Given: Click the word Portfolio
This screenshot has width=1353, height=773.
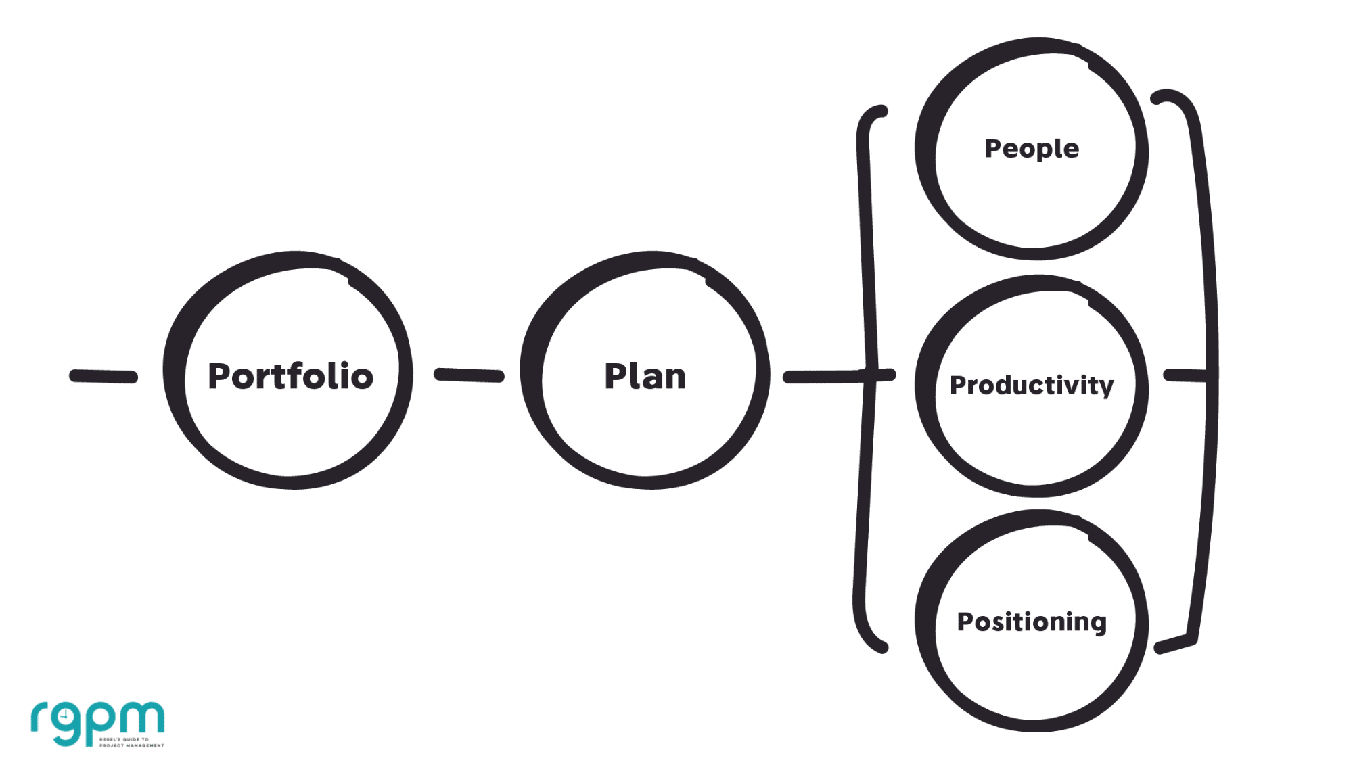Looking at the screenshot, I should click(290, 376).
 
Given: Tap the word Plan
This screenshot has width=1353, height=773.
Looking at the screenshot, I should click(645, 376).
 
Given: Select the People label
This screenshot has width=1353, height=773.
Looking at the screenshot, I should click(1032, 149).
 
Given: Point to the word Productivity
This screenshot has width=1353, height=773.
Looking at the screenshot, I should click(1032, 385).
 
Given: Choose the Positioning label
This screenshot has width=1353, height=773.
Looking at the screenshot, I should click(1032, 622).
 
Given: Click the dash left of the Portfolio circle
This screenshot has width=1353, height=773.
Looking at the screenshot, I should click(104, 376).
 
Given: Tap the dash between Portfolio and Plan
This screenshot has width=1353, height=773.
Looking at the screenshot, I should click(469, 375).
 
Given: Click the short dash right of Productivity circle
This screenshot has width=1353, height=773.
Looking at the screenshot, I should click(1184, 375).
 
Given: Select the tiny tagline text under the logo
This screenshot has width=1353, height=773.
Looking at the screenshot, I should click(132, 743).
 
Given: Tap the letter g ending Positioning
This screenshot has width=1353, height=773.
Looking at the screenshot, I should click(1098, 624).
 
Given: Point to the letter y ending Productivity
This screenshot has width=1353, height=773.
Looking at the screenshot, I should click(1106, 388).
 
